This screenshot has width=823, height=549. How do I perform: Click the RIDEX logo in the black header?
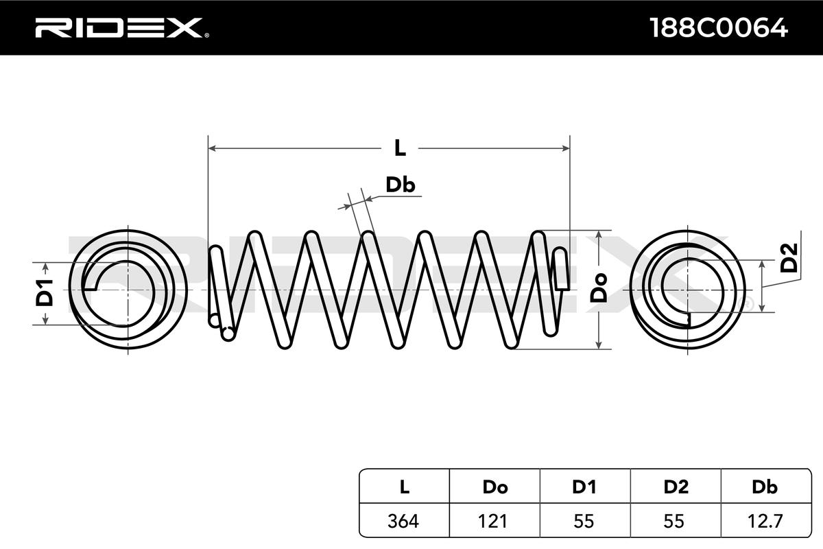(x=122, y=28)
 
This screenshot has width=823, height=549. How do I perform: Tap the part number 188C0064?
(x=719, y=28)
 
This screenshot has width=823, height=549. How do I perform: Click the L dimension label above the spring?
(x=400, y=148)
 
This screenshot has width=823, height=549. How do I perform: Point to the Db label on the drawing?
(x=400, y=185)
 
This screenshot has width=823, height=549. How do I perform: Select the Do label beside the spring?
(x=599, y=288)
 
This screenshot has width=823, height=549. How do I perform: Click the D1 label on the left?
(x=45, y=293)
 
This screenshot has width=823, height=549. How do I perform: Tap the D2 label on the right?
(x=789, y=258)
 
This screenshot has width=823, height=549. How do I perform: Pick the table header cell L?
(x=404, y=487)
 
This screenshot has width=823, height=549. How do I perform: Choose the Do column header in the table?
(x=495, y=487)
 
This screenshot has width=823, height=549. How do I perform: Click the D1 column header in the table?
(x=584, y=487)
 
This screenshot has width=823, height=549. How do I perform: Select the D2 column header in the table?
(x=676, y=487)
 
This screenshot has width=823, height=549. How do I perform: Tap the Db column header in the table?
(x=765, y=487)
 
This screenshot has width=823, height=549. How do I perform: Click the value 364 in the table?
(x=403, y=521)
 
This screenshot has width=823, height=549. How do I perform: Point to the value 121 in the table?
(x=492, y=521)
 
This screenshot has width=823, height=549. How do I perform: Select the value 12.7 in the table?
(x=765, y=521)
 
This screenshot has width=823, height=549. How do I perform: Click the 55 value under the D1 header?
(x=584, y=521)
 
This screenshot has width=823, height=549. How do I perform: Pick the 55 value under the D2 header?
(x=673, y=521)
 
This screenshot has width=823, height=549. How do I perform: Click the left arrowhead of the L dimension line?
(x=212, y=148)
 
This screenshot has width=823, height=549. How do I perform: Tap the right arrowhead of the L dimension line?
(x=566, y=148)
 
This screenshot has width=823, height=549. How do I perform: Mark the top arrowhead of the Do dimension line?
(x=599, y=234)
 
